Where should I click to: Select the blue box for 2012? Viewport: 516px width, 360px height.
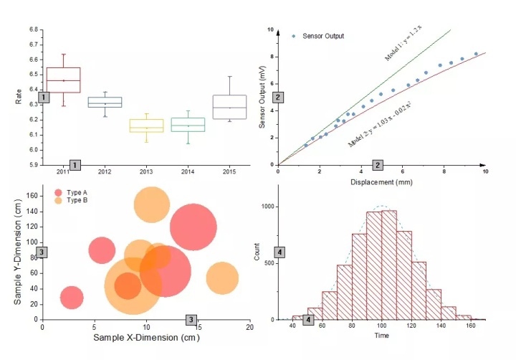click(x=105, y=103)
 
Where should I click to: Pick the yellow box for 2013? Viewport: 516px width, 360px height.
click(x=146, y=125)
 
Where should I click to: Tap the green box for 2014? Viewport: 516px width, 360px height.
click(x=188, y=125)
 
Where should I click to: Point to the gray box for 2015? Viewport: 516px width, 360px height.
click(x=229, y=107)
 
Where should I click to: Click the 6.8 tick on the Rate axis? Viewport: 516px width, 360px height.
click(x=34, y=30)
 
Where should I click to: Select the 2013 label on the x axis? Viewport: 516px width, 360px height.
click(x=146, y=172)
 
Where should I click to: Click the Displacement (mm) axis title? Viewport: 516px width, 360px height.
click(x=381, y=182)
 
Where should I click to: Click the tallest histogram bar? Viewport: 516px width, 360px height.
click(x=389, y=265)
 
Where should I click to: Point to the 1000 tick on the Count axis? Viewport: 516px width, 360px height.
click(x=266, y=207)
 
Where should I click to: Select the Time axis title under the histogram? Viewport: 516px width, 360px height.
click(x=381, y=336)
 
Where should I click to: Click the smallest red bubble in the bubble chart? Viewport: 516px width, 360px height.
click(x=71, y=297)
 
